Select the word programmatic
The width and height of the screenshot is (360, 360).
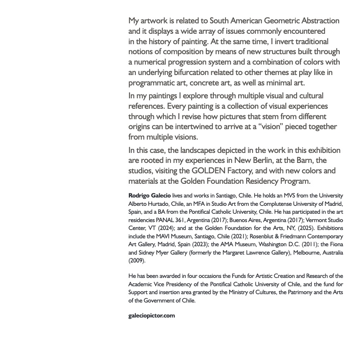click(x=152, y=82)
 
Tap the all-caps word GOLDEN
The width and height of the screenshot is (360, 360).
click(x=209, y=171)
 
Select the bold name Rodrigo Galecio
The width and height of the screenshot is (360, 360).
click(x=150, y=195)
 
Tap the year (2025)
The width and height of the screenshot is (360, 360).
click(x=287, y=228)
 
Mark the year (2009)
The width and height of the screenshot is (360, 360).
click(x=137, y=261)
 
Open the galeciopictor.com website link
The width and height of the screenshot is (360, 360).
click(x=152, y=315)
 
